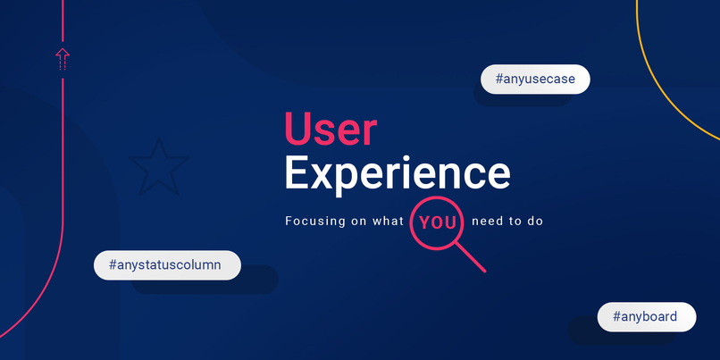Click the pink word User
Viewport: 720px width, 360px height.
click(331, 130)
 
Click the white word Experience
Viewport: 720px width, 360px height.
click(398, 172)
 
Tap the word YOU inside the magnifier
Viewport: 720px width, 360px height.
click(438, 222)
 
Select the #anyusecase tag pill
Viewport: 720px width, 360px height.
click(535, 79)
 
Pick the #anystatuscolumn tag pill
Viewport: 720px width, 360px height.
click(167, 265)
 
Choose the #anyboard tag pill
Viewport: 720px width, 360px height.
click(646, 316)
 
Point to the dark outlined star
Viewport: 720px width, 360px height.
click(158, 165)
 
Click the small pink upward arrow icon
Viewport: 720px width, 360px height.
click(63, 58)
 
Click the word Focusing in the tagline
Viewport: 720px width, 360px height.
click(314, 221)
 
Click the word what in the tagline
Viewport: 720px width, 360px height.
click(388, 221)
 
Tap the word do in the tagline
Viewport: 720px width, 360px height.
click(535, 221)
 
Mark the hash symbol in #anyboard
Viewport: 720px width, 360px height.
click(617, 316)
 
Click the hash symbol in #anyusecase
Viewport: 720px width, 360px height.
click(498, 79)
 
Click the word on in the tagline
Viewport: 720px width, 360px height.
click(357, 221)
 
